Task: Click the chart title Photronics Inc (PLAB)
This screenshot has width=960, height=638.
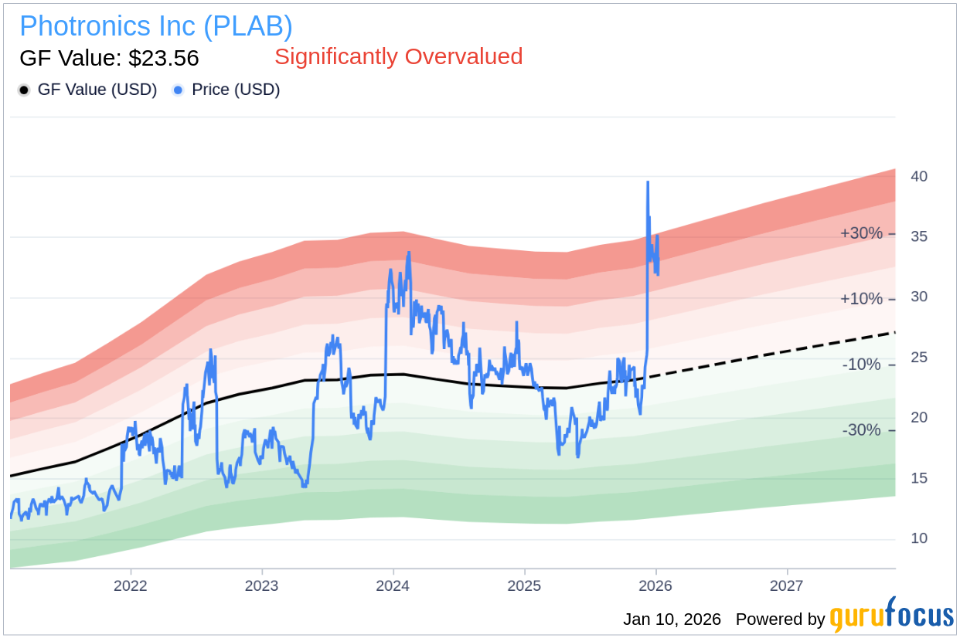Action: click(x=155, y=26)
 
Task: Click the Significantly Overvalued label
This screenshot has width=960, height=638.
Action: click(x=398, y=56)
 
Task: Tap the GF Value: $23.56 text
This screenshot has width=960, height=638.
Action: click(x=109, y=58)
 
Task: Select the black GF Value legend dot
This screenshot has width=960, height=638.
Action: click(x=25, y=90)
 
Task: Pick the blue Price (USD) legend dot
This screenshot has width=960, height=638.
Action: click(x=179, y=90)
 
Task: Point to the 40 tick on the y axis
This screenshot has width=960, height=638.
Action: click(x=918, y=177)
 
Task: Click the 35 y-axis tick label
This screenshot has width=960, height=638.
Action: click(x=918, y=237)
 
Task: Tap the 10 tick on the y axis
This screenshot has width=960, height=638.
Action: click(x=918, y=538)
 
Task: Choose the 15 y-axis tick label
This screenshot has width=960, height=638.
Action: click(x=918, y=478)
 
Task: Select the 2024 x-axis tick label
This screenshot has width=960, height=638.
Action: click(x=393, y=585)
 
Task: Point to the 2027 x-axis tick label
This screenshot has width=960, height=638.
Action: click(x=786, y=585)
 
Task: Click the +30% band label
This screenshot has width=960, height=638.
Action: click(x=861, y=233)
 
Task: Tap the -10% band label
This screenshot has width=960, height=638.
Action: click(x=861, y=364)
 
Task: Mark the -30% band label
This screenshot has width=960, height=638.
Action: click(x=861, y=430)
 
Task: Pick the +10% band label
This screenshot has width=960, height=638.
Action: click(x=861, y=298)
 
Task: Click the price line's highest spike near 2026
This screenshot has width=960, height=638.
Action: click(x=648, y=183)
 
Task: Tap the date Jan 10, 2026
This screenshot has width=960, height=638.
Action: click(x=672, y=619)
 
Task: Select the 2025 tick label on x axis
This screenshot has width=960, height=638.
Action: click(x=524, y=585)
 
